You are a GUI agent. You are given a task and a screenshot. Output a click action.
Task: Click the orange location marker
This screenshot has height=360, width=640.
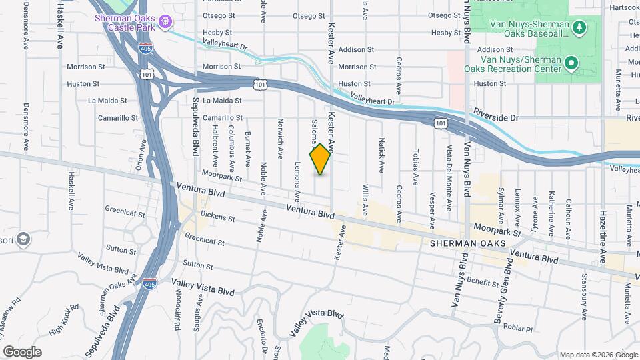321,159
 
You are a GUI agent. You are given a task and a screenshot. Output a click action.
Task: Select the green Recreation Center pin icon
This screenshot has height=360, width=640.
571,64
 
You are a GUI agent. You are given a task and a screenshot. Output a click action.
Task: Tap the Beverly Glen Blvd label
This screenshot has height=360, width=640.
508,280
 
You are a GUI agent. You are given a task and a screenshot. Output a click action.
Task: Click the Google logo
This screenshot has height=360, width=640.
22,351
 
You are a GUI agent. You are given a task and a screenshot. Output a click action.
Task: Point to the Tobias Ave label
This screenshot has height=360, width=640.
415,167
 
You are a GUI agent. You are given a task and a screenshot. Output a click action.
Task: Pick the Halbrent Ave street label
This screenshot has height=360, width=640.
215,147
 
